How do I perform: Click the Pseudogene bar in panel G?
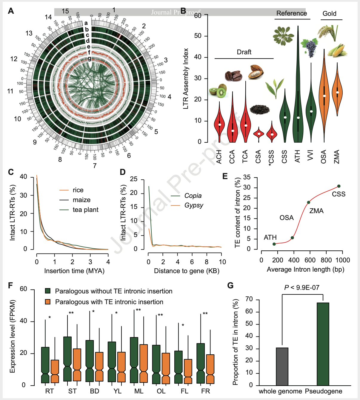[x=323, y=344]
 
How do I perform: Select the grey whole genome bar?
[x=282, y=366]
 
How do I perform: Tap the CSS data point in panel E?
[x=339, y=186]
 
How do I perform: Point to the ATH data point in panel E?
[x=274, y=244]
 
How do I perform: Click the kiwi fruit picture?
[x=218, y=91]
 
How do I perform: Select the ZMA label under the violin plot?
[x=337, y=157]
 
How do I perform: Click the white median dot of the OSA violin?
[x=324, y=96]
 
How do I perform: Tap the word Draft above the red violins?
[x=244, y=52]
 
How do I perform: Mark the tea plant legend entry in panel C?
[x=85, y=210]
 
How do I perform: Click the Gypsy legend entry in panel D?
[x=193, y=205]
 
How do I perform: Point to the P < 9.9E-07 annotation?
[x=302, y=287]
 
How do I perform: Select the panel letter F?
[x=10, y=286]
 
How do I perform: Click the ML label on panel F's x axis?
[x=139, y=391]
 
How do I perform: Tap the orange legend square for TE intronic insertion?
[x=48, y=302]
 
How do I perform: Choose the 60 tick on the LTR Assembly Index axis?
[x=198, y=16]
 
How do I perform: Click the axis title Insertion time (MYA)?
[x=74, y=271]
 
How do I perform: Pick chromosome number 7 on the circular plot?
[x=95, y=166]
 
